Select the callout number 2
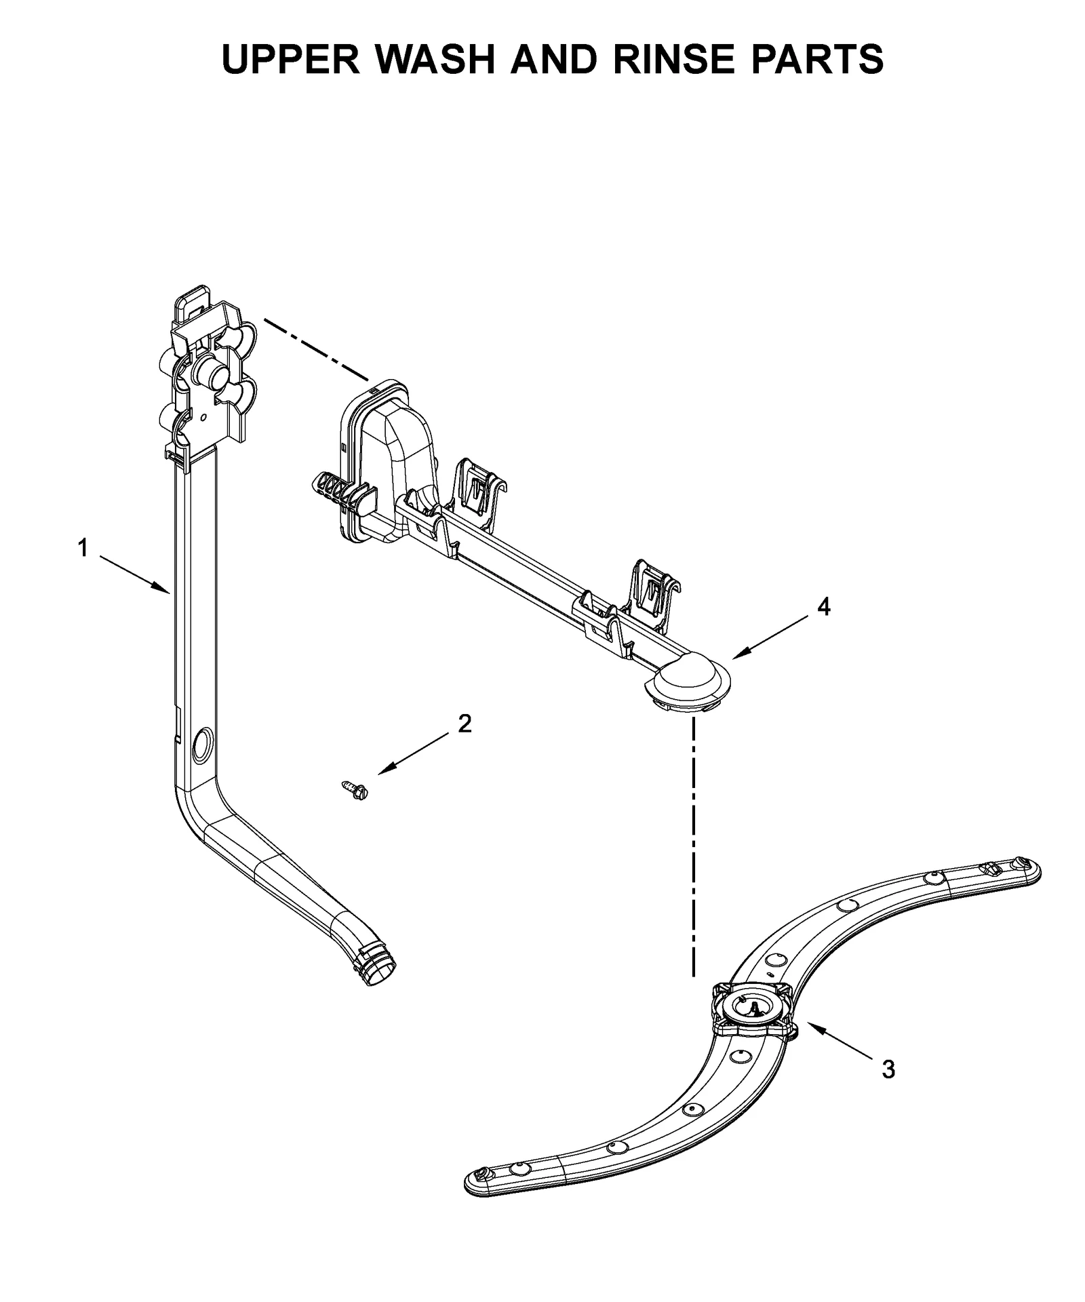[x=464, y=724]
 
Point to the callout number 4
[x=823, y=607]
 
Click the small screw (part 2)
[x=353, y=789]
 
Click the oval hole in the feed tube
[x=201, y=744]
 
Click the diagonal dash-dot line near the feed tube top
[x=316, y=349]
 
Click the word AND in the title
[x=553, y=60]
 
